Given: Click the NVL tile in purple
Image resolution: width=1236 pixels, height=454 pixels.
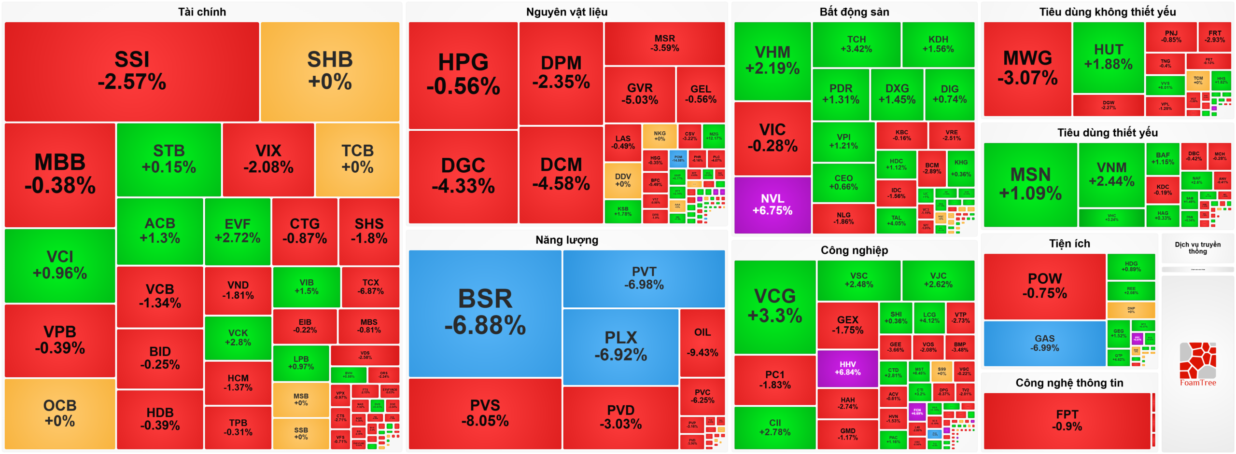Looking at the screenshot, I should coord(772,205).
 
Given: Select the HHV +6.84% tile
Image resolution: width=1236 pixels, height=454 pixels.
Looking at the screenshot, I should coord(847,368).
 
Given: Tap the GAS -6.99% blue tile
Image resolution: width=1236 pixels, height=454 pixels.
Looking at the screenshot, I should coord(1044,343).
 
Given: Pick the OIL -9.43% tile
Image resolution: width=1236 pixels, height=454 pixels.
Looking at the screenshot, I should coord(702,342).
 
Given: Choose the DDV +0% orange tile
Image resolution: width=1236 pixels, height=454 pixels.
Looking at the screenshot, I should coord(622,180).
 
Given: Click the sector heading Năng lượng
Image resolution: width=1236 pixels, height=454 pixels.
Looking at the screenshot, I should coord(566,240).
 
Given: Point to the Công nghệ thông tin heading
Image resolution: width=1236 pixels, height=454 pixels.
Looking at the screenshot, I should coord(1069,383).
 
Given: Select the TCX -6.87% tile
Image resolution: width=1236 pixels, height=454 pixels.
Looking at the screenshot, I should coord(370,287).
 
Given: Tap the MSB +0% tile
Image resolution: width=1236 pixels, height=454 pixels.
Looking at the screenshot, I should coord(301,399).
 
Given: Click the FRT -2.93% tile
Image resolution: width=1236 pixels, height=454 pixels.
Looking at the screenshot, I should coord(1214,37).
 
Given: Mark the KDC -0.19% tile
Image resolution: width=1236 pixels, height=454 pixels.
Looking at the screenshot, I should coord(1163,190).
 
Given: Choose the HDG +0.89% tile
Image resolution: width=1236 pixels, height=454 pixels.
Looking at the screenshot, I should coord(1131,266).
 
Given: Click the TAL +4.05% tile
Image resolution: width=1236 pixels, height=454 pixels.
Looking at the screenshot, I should coord(896,220).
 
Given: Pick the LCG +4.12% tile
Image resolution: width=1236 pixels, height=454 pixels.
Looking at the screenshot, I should coord(929,317).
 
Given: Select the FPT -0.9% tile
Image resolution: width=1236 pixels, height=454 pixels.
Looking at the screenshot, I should coord(1067,420).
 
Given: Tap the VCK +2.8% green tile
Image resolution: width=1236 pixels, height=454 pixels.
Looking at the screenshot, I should coord(238,337).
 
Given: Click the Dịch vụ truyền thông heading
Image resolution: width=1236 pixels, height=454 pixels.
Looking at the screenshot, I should coord(1197,248).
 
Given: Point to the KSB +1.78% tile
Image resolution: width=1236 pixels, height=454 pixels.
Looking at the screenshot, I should coord(622,211).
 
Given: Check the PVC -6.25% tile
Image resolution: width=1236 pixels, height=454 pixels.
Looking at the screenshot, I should coord(702,396).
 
